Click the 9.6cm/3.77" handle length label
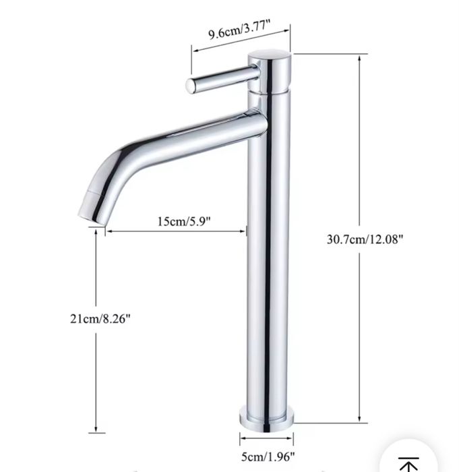239,29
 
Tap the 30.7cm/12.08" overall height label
365,239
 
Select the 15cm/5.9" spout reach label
184,222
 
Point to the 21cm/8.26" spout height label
100,318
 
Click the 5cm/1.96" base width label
268,456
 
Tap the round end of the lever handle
191,86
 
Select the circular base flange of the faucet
266,419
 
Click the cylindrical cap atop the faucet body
270,71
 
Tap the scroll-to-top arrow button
408,460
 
